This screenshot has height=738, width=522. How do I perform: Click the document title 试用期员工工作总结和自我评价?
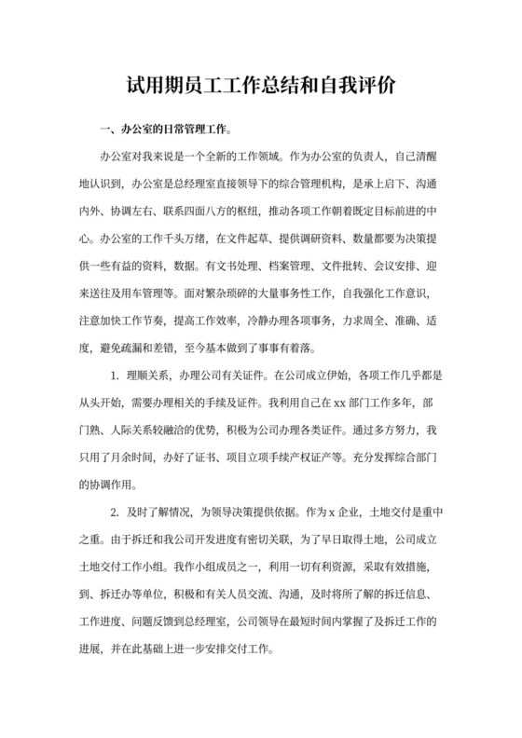pos(260,86)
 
